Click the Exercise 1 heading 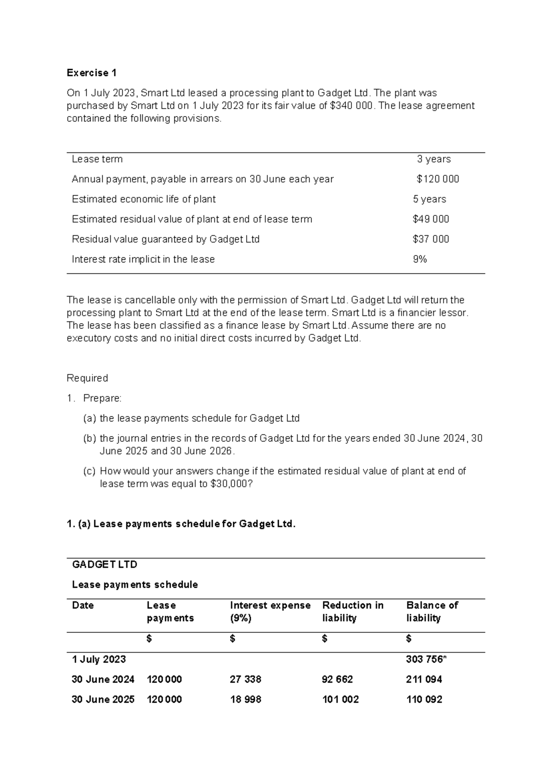click(x=92, y=73)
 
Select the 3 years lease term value click(x=433, y=159)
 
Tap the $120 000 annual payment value click(x=437, y=179)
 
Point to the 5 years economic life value click(x=429, y=199)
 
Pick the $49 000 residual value click(x=431, y=219)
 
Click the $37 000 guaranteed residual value click(x=431, y=239)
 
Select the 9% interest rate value click(x=420, y=259)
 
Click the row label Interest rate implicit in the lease click(x=143, y=259)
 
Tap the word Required click(x=87, y=378)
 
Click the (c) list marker click(x=89, y=471)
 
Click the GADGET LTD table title click(x=105, y=565)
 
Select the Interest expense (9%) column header click(x=270, y=612)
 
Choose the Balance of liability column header click(x=432, y=612)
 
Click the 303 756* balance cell click(x=426, y=659)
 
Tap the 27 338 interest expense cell click(x=245, y=679)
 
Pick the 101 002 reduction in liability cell click(x=340, y=699)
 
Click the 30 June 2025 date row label click(x=103, y=699)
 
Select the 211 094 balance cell click(x=424, y=679)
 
